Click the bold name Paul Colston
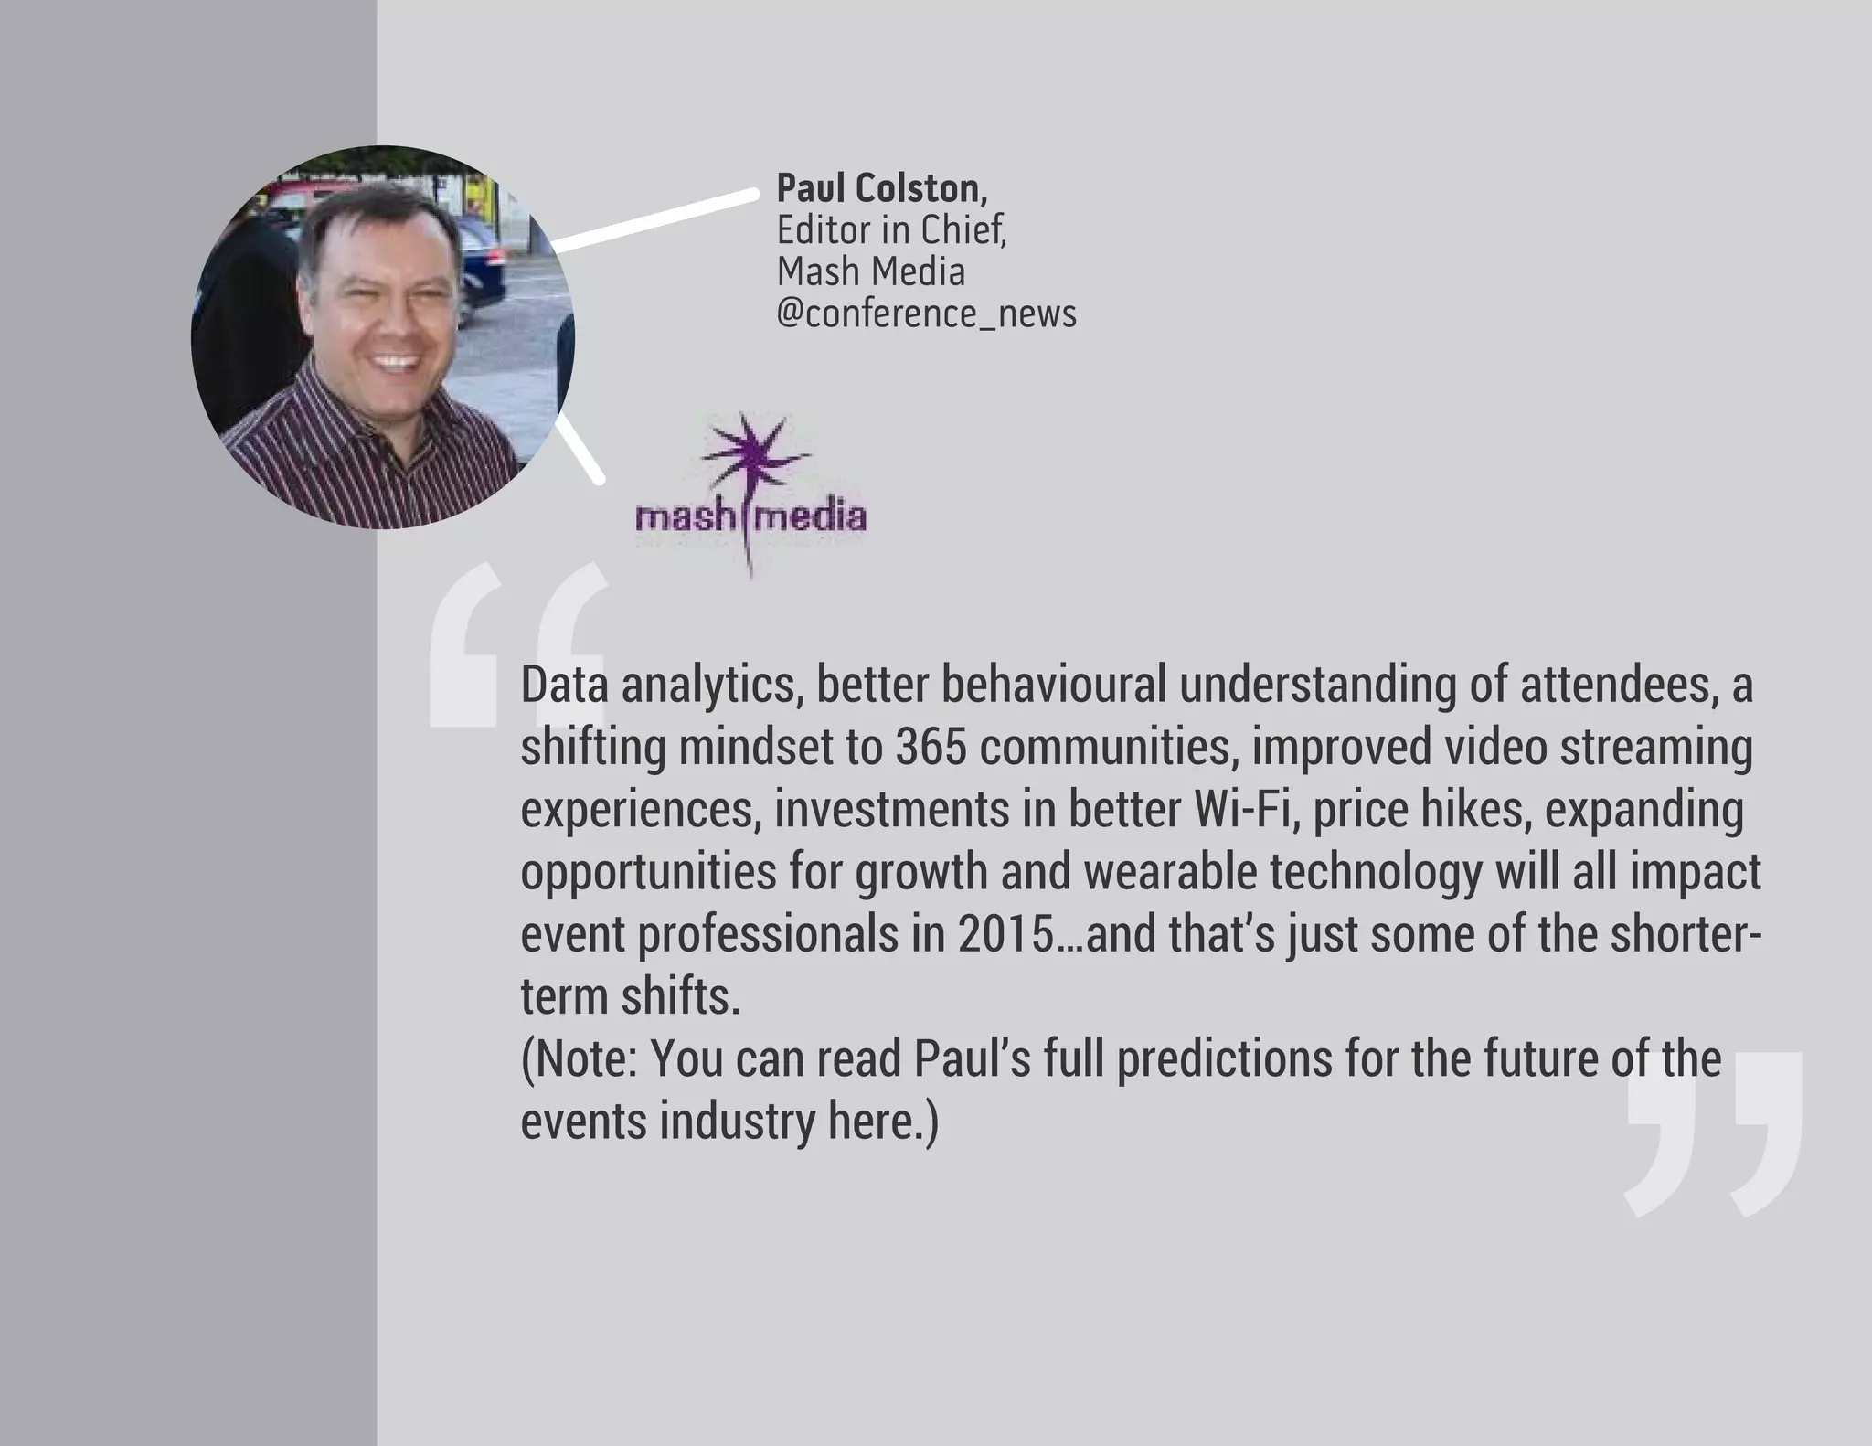(881, 188)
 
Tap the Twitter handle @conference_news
(926, 314)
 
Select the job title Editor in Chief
(891, 230)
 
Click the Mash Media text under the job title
(870, 271)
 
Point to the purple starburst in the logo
(752, 455)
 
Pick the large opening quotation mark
(518, 644)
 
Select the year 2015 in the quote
(1005, 934)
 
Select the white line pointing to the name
(654, 219)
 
